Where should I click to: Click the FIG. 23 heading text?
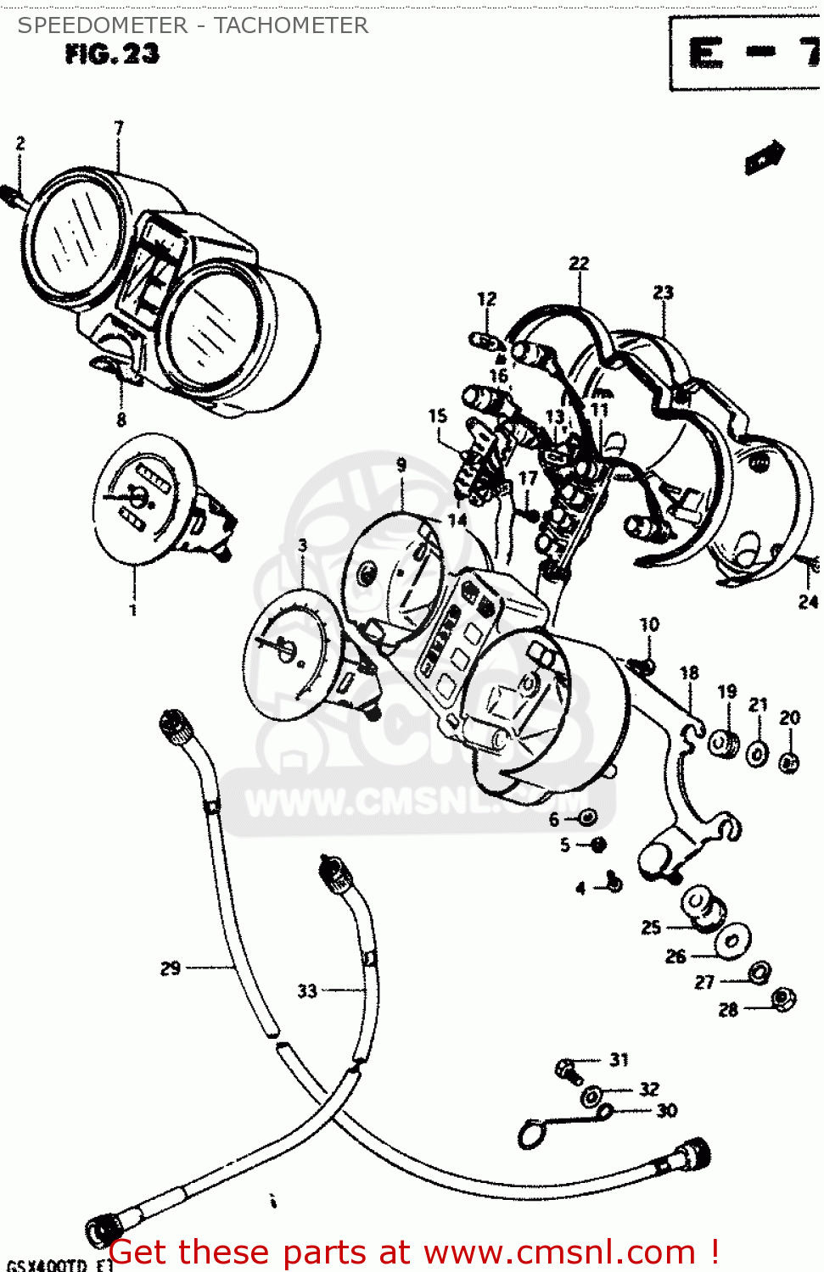[x=111, y=54]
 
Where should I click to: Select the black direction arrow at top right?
[x=764, y=158]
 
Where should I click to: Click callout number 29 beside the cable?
[x=171, y=968]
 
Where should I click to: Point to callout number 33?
[x=307, y=990]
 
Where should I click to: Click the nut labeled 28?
[x=782, y=1001]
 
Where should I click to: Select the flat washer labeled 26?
[x=731, y=941]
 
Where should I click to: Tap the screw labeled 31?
[x=568, y=1071]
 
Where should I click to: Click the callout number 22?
[x=579, y=264]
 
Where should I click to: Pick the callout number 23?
[x=663, y=293]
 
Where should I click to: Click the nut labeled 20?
[x=789, y=762]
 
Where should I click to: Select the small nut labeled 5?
[x=597, y=845]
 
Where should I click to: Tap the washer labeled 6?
[x=586, y=817]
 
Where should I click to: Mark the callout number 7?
[x=119, y=128]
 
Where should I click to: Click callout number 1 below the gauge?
[x=132, y=610]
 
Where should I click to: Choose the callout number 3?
[x=302, y=545]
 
